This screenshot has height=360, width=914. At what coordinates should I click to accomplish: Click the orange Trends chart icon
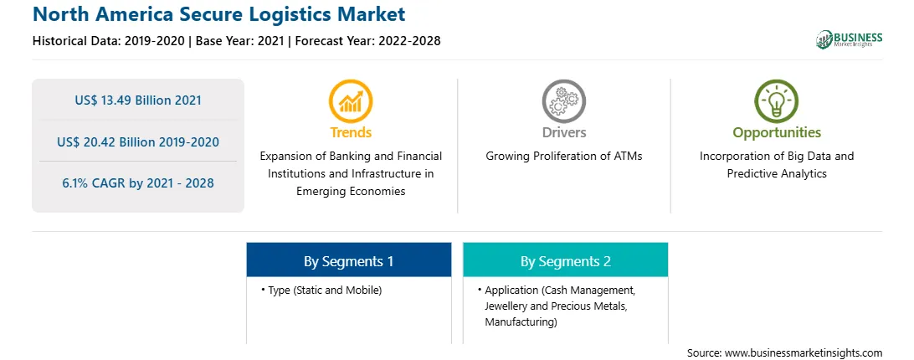coord(351,100)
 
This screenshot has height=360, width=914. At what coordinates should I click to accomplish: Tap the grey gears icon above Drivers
coord(563,100)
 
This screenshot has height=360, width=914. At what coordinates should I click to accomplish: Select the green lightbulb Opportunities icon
coord(777,100)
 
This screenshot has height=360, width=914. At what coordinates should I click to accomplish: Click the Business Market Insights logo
coord(850,39)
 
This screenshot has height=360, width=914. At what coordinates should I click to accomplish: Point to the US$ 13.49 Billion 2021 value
coord(138,100)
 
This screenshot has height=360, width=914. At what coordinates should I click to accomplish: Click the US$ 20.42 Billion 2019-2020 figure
coord(138,141)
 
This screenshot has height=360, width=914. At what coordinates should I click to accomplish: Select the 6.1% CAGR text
coord(138,183)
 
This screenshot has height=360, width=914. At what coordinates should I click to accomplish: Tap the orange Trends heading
coord(351,132)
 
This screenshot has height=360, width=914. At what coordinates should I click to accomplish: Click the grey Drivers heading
coord(563,132)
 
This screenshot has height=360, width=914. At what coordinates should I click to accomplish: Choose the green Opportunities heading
coord(777,132)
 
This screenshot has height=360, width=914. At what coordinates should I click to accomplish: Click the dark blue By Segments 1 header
coord(348,260)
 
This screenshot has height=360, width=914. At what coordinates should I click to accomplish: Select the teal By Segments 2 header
coord(566,260)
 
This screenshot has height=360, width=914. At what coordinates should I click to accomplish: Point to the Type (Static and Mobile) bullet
coord(321,290)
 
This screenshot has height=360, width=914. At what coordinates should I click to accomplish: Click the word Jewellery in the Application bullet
coord(506,306)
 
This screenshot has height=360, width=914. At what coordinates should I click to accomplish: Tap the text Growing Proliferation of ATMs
coord(564,157)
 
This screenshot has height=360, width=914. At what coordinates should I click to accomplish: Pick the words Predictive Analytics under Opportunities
coord(777,174)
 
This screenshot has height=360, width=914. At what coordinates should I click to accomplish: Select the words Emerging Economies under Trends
coord(351,192)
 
